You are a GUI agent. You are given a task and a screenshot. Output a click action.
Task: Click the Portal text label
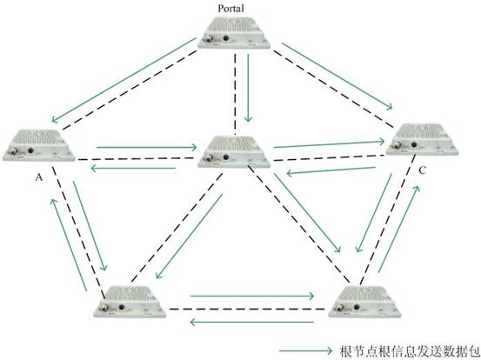point(230,9)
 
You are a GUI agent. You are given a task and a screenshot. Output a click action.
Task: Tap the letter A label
point(38,177)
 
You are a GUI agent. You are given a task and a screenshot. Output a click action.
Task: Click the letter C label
point(422,170)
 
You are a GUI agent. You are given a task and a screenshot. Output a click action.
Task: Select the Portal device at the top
point(234,33)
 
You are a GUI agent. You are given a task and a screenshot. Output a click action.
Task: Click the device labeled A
point(38,145)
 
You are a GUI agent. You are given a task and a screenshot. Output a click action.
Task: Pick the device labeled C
point(422,139)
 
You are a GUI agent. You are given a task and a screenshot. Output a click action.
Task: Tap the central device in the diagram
point(234,152)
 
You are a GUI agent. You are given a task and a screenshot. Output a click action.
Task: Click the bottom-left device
point(130,302)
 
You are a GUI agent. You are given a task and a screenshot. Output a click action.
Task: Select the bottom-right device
point(364,302)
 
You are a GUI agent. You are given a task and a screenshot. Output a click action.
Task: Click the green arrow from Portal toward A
point(124,80)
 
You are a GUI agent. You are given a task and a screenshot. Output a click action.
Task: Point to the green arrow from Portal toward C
point(337,76)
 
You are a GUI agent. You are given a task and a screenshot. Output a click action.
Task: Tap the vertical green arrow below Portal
point(248,88)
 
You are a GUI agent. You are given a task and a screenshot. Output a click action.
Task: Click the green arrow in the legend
point(305,350)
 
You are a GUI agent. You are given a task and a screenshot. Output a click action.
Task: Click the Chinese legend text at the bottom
point(410,351)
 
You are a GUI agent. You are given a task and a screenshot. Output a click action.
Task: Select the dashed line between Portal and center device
point(236,94)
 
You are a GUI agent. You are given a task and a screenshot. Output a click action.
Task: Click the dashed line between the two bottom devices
point(247,309)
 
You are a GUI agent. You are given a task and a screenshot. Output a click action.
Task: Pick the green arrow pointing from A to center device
point(146,147)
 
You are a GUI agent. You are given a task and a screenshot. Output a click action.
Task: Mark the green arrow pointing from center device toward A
point(133,168)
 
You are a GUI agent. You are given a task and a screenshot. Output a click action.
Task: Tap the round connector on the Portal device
point(210,39)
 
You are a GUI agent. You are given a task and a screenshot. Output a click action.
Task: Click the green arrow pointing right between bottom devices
point(252,296)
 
